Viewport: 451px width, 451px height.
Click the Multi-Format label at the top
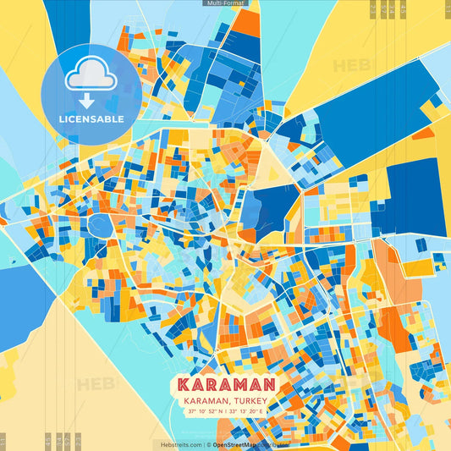click(x=225, y=3)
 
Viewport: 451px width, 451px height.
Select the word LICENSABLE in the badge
click(x=91, y=119)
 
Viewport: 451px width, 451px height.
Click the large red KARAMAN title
click(x=225, y=383)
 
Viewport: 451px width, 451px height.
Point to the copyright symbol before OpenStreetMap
click(x=207, y=444)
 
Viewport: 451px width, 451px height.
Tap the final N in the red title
click(x=269, y=383)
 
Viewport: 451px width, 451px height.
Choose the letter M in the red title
click(x=233, y=383)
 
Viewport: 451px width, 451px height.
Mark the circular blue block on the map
click(x=101, y=224)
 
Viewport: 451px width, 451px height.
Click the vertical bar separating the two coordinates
click(x=226, y=412)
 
